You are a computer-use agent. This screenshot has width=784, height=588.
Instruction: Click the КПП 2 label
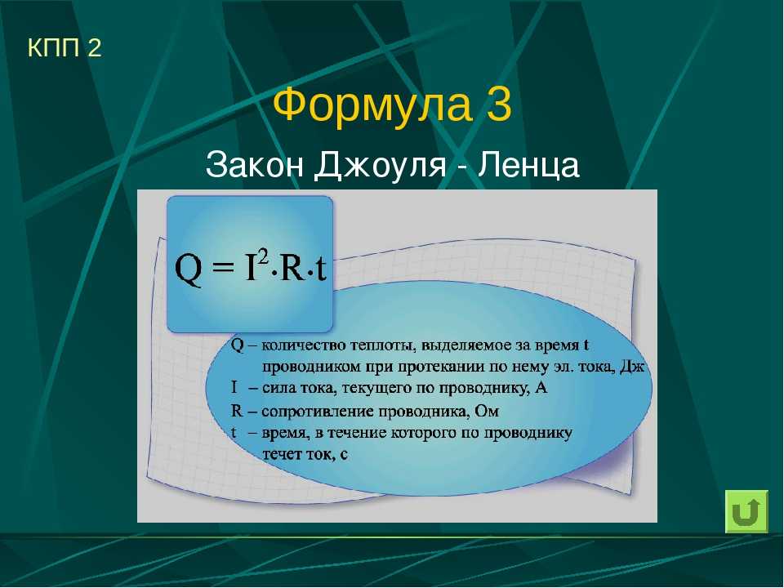[65, 47]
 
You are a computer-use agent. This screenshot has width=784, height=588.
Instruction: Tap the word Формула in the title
[372, 105]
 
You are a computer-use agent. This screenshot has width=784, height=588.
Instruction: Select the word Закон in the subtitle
[254, 164]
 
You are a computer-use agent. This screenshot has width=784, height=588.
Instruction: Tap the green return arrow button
[746, 511]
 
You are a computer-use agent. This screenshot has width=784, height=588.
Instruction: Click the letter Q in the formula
[189, 270]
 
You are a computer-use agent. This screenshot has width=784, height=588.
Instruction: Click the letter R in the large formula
[292, 269]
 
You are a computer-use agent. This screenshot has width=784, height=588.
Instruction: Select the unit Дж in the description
[632, 367]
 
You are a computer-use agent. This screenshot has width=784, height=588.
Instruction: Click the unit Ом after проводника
[487, 411]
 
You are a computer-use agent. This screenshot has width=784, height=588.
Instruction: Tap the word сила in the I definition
[278, 389]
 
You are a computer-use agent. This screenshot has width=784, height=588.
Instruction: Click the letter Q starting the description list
[237, 345]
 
